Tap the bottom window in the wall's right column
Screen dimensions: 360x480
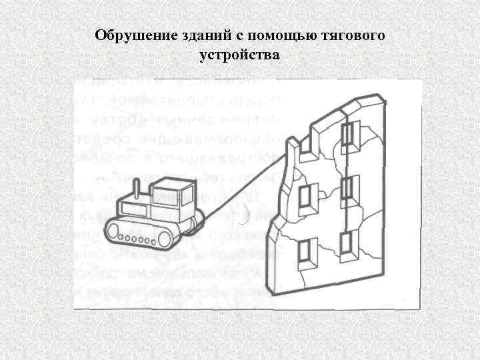coord(345,245)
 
